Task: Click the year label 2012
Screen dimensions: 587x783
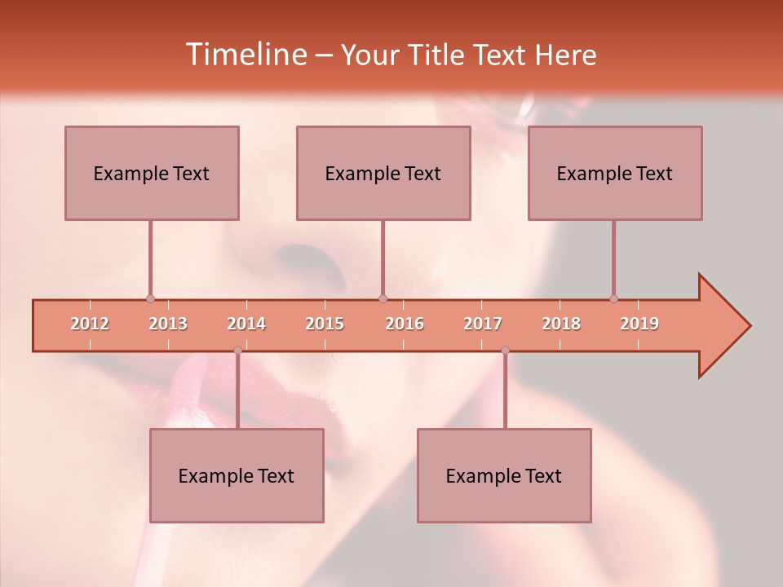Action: click(x=90, y=324)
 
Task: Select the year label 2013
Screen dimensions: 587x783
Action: click(x=168, y=324)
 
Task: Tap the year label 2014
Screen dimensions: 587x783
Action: click(x=246, y=324)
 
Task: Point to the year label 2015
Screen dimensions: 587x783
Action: click(x=325, y=324)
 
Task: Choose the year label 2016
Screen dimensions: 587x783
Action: click(x=405, y=324)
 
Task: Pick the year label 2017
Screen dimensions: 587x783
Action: click(x=483, y=324)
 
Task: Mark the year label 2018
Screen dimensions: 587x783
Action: click(x=561, y=324)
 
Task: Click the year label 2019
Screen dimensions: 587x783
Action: click(x=639, y=324)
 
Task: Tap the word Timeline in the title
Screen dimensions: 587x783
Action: click(x=246, y=55)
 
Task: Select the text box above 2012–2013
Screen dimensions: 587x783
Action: click(x=152, y=173)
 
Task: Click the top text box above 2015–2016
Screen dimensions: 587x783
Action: click(x=383, y=173)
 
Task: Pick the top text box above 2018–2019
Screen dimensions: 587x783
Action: click(x=615, y=173)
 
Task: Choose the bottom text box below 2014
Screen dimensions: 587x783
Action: click(x=237, y=475)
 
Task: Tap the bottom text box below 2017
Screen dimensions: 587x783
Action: click(x=504, y=475)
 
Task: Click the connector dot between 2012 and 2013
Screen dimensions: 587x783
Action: click(x=150, y=299)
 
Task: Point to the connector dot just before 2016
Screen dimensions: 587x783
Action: click(x=383, y=299)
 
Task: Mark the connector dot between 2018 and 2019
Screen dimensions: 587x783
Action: click(x=613, y=299)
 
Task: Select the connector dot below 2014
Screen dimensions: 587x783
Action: click(x=237, y=351)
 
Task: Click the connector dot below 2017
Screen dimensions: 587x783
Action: click(x=505, y=351)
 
